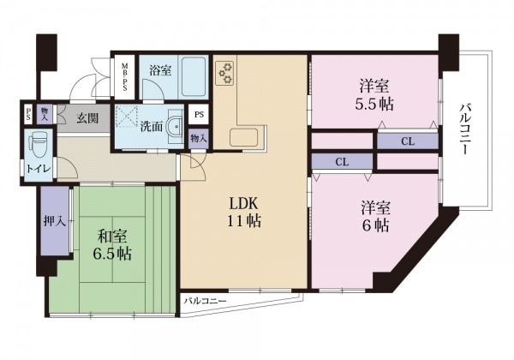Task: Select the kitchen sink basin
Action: [x=243, y=137]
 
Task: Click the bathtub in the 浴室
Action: [x=194, y=77]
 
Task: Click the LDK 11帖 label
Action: [x=244, y=213]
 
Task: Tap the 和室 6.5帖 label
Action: [x=112, y=244]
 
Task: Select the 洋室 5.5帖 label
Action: [x=374, y=95]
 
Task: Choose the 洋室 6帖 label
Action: [x=376, y=216]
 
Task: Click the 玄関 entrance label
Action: [x=88, y=117]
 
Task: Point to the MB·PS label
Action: [x=125, y=77]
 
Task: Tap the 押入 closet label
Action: [x=55, y=222]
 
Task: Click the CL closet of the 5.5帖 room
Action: [x=408, y=141]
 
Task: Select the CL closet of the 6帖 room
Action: [x=342, y=162]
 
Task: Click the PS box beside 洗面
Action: [x=199, y=114]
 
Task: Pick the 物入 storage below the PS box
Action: [x=199, y=139]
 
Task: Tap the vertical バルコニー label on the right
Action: [x=465, y=129]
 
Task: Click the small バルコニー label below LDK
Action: [x=205, y=301]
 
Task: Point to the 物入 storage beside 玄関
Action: [x=45, y=113]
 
